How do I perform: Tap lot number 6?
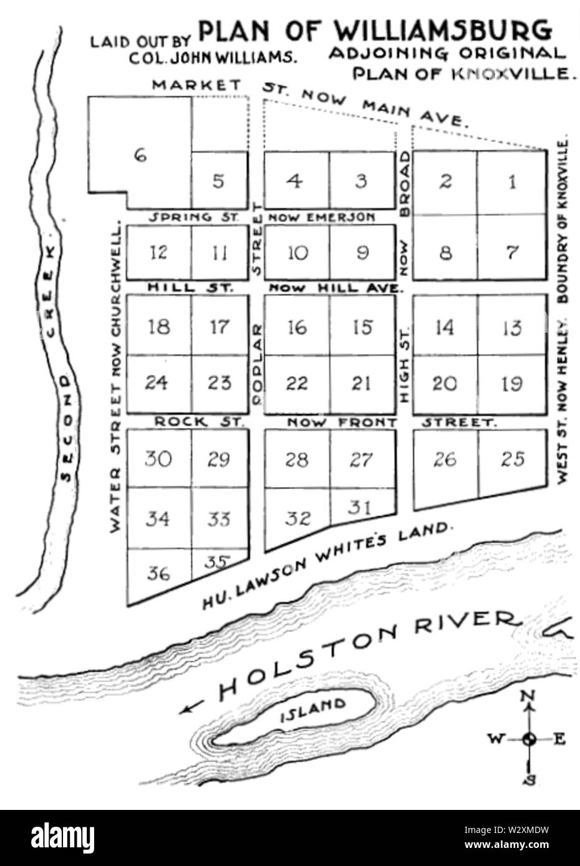(141, 156)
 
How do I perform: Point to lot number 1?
(512, 182)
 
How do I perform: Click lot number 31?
(360, 507)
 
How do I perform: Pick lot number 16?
(297, 327)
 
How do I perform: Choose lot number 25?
(512, 460)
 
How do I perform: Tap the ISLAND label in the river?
(322, 710)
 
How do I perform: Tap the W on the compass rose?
(496, 739)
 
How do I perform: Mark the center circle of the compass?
(529, 739)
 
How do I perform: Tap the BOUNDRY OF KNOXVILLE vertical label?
(566, 221)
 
